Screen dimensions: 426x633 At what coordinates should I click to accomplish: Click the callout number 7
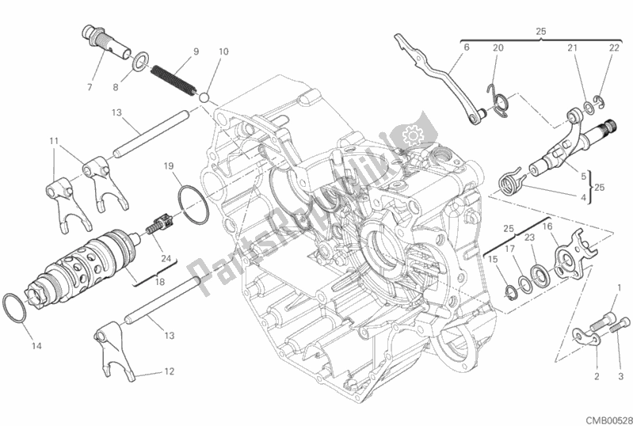[89, 86]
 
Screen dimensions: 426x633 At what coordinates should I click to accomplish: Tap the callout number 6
[466, 48]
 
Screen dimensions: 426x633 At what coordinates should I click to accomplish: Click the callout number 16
[568, 227]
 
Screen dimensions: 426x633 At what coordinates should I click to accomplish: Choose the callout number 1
[620, 287]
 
